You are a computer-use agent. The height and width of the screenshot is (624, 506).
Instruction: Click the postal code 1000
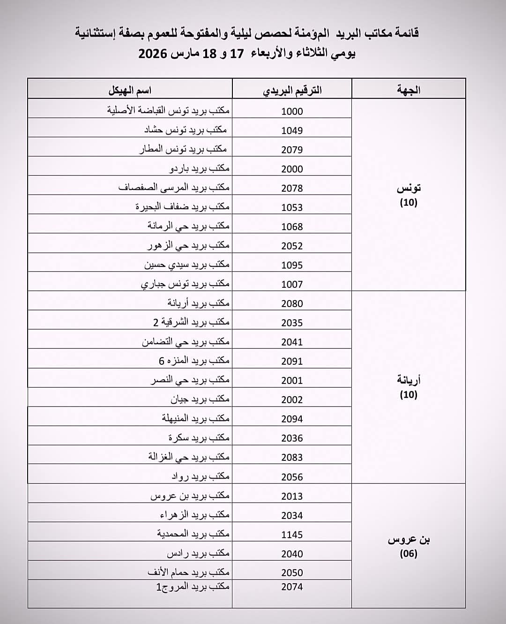click(x=292, y=111)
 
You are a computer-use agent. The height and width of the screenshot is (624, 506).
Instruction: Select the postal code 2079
click(x=292, y=150)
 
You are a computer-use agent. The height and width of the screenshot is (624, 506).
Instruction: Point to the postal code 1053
click(x=292, y=207)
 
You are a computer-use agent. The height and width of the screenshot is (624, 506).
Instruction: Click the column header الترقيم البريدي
click(x=292, y=90)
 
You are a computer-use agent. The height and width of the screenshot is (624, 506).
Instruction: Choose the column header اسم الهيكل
click(x=130, y=90)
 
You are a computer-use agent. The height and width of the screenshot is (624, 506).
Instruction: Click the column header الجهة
click(x=409, y=90)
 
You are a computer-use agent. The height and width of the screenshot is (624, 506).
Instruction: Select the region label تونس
click(x=409, y=188)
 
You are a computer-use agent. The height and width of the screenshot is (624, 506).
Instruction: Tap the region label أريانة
click(x=409, y=380)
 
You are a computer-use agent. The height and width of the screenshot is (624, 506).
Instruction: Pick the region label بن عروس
click(x=409, y=540)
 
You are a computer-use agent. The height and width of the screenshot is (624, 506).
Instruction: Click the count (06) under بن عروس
click(x=409, y=554)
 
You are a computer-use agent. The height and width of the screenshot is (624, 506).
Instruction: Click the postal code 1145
click(x=292, y=534)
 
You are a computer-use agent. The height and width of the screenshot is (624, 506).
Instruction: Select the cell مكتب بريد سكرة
click(x=199, y=437)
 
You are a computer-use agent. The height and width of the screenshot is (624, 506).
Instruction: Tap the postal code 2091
click(x=292, y=361)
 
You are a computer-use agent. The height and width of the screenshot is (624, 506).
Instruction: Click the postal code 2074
click(x=292, y=586)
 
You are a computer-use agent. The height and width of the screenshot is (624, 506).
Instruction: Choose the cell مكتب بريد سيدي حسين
click(x=187, y=264)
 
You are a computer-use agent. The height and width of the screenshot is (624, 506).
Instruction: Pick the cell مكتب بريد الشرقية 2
click(x=191, y=322)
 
